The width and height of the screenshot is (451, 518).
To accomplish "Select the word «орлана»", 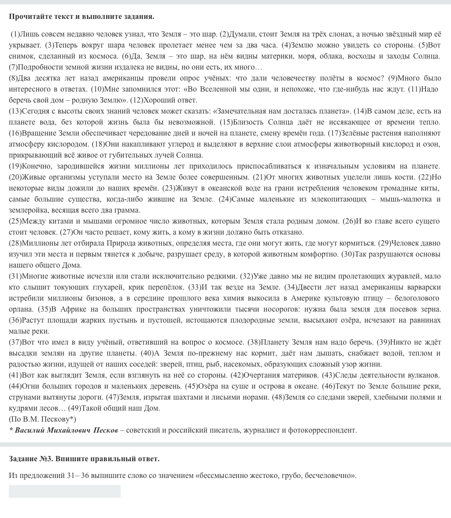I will point(20,309).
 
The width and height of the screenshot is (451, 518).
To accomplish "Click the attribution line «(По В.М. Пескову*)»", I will point(42,419).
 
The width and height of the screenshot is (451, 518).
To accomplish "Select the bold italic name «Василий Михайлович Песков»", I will point(66,430).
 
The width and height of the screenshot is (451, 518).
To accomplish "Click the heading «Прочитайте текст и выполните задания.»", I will point(81,17).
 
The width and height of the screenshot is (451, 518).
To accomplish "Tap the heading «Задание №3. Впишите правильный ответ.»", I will point(84,459).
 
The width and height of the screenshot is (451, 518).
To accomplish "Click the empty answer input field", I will point(64,491).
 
